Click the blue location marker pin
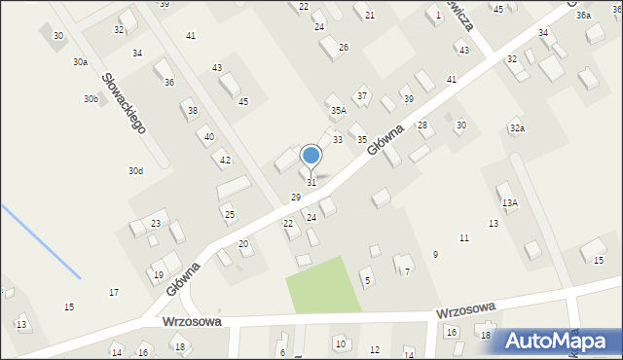coord(311,156)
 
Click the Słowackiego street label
coord(124,102)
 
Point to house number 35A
coord(338,111)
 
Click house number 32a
coord(517,128)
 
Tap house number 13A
coord(509,202)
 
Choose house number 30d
coord(135,171)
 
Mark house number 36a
coord(583,16)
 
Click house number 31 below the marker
coord(311,183)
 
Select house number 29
coord(296,198)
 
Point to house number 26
coord(343,47)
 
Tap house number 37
coord(362,95)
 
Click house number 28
coord(422,125)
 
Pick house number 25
coord(230,214)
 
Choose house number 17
coord(114,292)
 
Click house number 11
coord(464,237)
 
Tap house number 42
coord(225,160)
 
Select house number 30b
coord(91,99)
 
